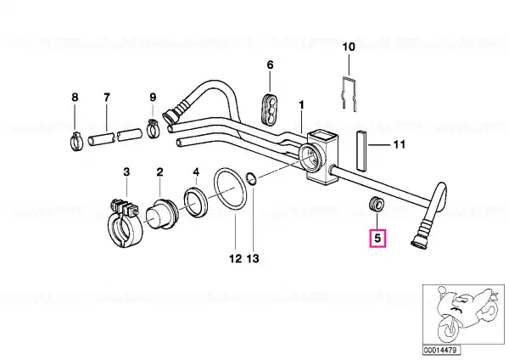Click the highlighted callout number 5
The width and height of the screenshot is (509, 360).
click(378, 238)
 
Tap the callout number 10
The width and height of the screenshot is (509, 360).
click(349, 47)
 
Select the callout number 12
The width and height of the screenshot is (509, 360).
click(235, 259)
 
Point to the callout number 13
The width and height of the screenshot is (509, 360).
click(253, 259)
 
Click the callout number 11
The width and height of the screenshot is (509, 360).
click(400, 144)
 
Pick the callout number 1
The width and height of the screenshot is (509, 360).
click(301, 105)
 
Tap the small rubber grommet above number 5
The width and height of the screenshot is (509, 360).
click(377, 204)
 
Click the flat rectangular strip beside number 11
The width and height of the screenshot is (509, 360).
click(361, 149)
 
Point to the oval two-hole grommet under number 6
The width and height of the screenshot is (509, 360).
click(269, 109)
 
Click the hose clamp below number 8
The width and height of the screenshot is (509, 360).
click(76, 143)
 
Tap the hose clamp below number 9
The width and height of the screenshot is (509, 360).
click(154, 128)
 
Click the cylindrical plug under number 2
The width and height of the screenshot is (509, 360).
click(160, 214)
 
